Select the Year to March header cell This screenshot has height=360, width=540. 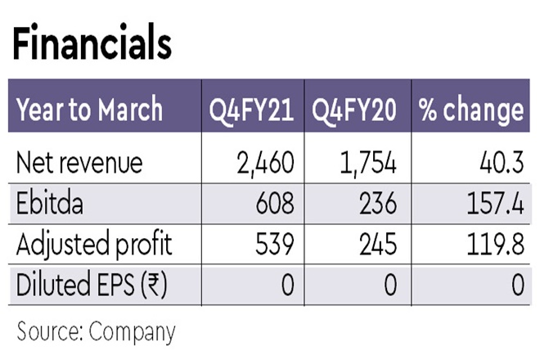click(90, 110)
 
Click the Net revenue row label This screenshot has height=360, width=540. click(79, 162)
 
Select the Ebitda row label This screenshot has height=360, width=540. click(51, 202)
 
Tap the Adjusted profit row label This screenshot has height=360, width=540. click(95, 243)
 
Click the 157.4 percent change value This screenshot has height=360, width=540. click(492, 202)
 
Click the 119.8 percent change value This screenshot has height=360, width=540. click(493, 243)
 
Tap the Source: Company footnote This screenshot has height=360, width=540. click(97, 331)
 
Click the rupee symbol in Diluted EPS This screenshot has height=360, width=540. click(151, 284)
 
